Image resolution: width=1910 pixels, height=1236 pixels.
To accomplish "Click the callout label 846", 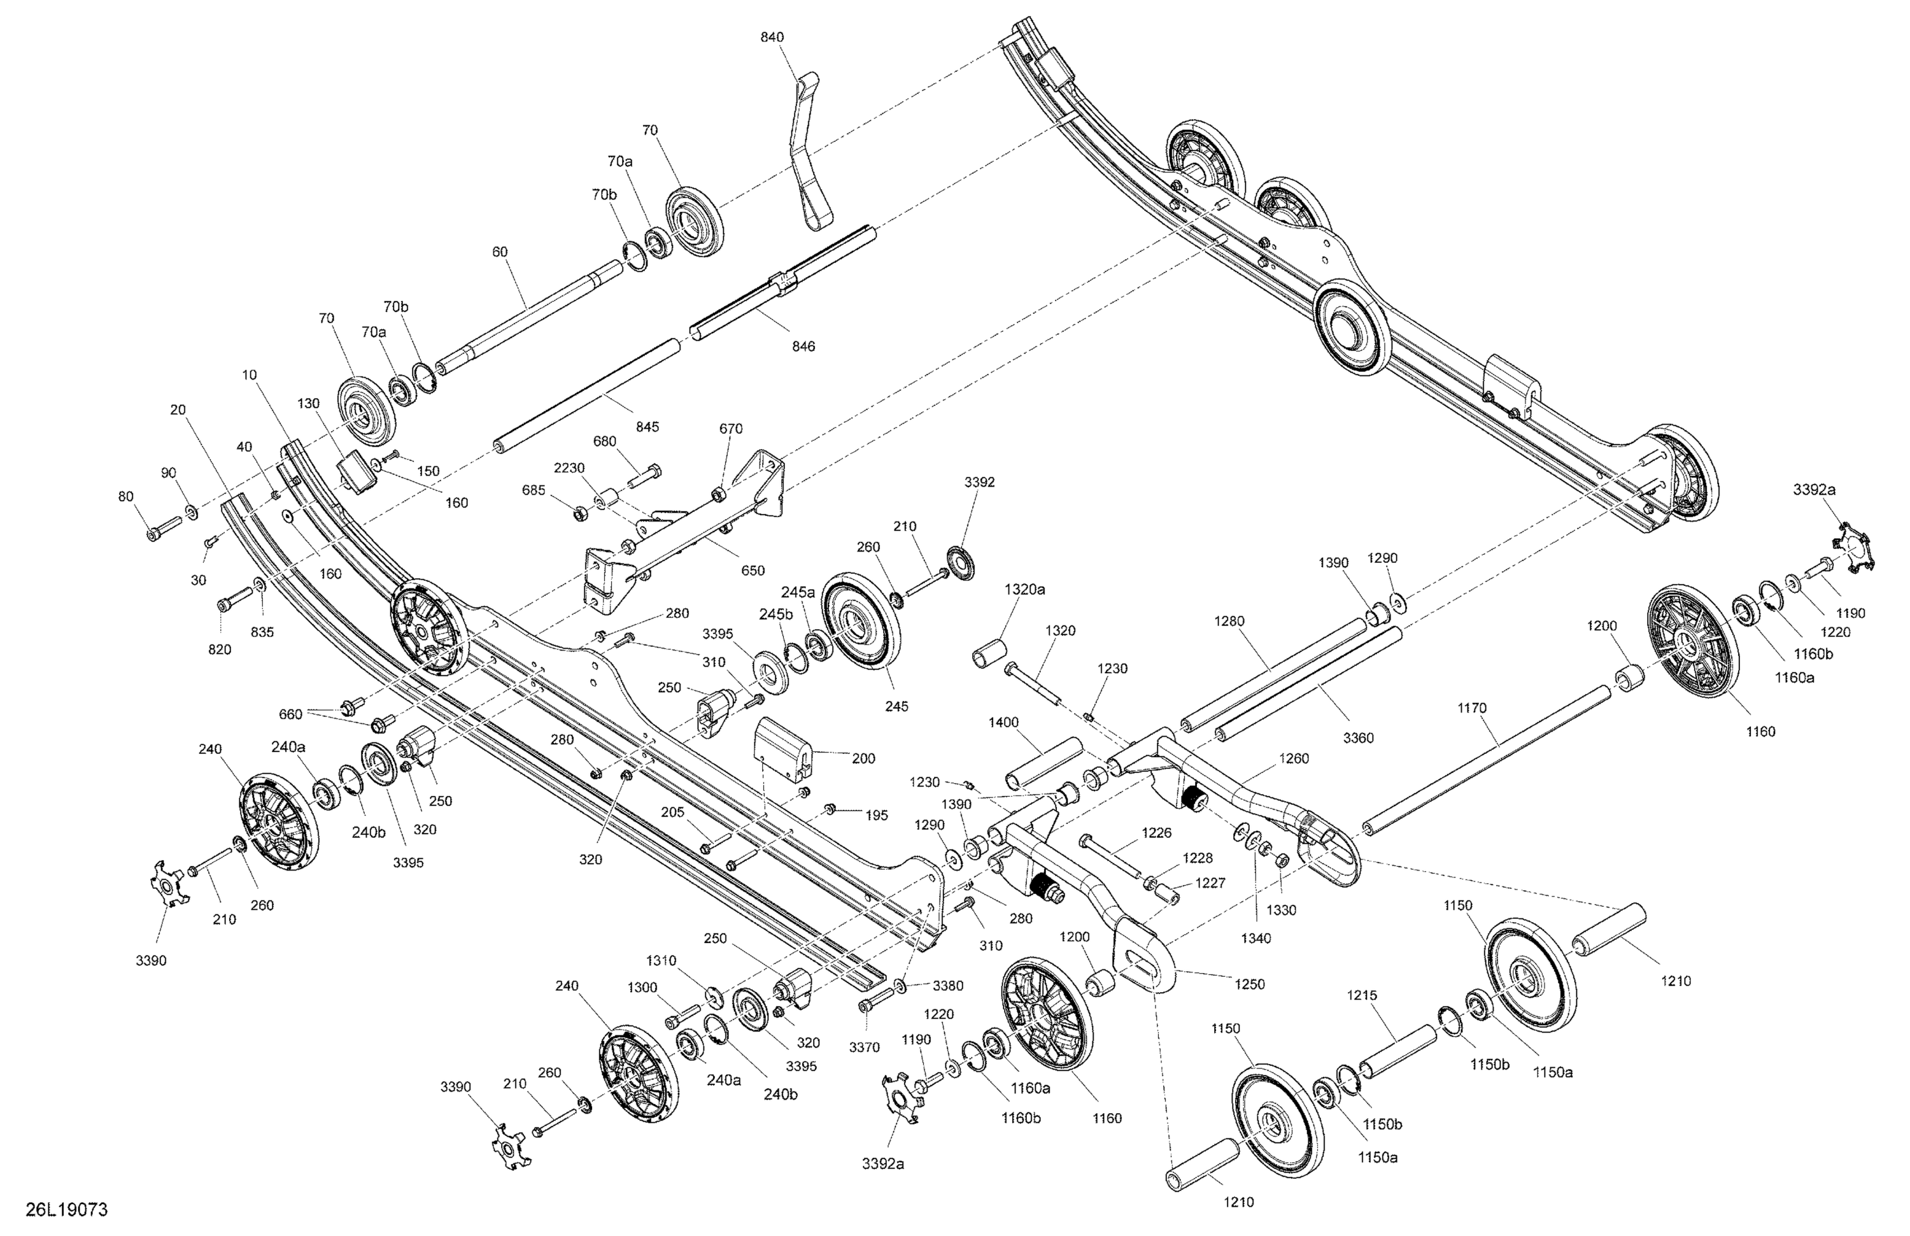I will [x=803, y=346].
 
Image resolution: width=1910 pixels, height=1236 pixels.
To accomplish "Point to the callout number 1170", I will [x=1472, y=708].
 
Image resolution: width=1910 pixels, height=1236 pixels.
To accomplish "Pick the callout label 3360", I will [x=1358, y=737].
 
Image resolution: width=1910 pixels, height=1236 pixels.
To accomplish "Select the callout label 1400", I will [x=1003, y=723].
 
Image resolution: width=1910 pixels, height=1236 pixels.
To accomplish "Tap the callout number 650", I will [x=753, y=571].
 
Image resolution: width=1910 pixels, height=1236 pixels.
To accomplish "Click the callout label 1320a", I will [x=1025, y=589].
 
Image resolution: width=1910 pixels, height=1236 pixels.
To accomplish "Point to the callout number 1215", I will [x=1362, y=995].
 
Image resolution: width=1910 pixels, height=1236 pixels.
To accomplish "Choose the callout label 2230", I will [x=569, y=468].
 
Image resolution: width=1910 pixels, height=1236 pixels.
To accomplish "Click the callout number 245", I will [x=896, y=706].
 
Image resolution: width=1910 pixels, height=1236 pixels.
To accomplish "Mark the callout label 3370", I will [x=865, y=1048].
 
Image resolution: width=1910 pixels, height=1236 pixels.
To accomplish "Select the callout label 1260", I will [x=1294, y=758].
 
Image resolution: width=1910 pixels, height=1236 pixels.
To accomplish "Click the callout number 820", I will [x=219, y=650].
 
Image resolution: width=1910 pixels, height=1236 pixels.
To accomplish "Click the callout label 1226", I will [x=1156, y=833].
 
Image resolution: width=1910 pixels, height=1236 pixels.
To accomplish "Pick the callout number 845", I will [x=647, y=427].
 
